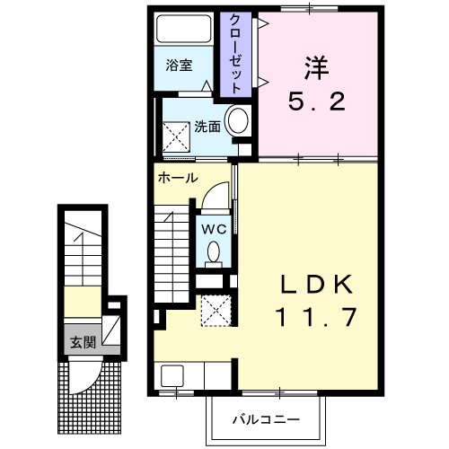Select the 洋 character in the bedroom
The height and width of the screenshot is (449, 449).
(313, 66)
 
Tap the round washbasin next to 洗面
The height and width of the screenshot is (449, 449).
(239, 120)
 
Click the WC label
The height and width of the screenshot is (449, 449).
(214, 228)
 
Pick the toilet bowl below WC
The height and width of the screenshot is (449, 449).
(214, 253)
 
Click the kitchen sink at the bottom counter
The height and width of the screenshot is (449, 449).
(172, 376)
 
